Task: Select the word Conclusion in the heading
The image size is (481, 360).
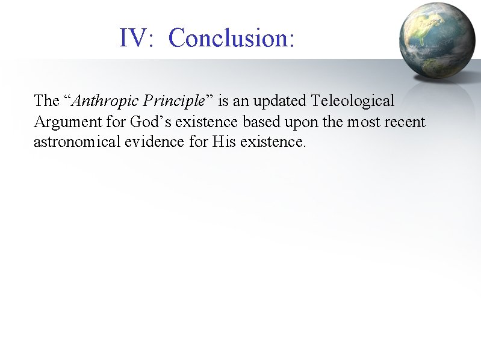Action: [x=231, y=38]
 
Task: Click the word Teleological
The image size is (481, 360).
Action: [x=353, y=100]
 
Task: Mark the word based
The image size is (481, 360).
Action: [x=259, y=122]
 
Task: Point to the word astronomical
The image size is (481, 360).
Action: [x=73, y=143]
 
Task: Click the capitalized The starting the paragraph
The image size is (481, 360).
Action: [x=46, y=100]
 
